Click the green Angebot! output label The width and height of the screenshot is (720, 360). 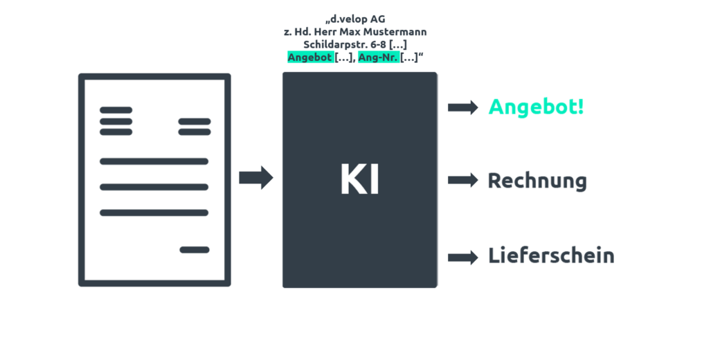[x=536, y=107]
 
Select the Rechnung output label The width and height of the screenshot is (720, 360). [x=537, y=181]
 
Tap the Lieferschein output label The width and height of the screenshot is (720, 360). [x=551, y=255]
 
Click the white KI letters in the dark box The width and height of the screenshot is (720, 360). [x=360, y=179]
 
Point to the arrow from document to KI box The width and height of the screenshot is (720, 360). [x=256, y=177]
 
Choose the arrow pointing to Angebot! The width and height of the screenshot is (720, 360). [x=463, y=107]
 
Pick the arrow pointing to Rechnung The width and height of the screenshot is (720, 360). [x=463, y=179]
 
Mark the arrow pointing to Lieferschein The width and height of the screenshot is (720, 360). [x=463, y=257]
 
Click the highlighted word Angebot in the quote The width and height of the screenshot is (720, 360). [x=310, y=58]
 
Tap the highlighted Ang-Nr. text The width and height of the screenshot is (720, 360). [x=379, y=58]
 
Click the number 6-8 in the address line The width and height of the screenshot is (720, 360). [x=379, y=45]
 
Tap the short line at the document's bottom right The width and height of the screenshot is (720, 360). [x=195, y=250]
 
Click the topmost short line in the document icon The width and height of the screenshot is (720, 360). [x=116, y=110]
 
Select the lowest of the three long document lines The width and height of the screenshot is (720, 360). [x=154, y=213]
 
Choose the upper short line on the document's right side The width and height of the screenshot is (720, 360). [x=195, y=122]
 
